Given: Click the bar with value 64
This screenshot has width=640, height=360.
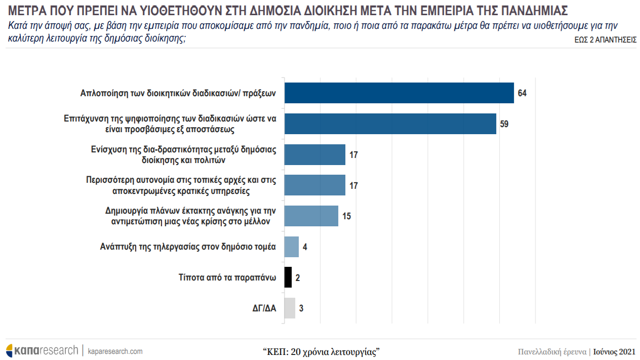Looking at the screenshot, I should click(x=399, y=93).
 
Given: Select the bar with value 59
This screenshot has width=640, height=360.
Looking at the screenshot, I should click(x=390, y=124).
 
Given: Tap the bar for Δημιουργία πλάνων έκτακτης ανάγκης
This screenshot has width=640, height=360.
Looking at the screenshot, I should click(x=311, y=216).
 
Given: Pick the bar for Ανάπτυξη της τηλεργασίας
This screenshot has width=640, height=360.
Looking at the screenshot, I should click(x=292, y=247).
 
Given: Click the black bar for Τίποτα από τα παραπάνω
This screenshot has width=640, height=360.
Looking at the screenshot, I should click(x=288, y=277).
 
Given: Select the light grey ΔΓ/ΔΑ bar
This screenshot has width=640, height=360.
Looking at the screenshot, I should click(x=290, y=308).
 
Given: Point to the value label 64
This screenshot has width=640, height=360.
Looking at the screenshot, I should click(x=523, y=94).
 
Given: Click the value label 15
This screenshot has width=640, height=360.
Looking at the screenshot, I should click(x=346, y=216).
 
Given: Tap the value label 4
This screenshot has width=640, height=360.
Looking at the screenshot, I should click(x=305, y=247).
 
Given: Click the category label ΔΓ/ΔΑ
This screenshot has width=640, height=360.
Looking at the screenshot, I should click(x=264, y=308).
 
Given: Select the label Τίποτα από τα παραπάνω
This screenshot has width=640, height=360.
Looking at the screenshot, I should click(x=227, y=277).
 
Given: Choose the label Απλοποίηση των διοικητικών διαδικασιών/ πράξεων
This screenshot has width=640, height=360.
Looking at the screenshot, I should click(x=178, y=94).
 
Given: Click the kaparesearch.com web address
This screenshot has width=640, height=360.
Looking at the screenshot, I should click(x=115, y=351).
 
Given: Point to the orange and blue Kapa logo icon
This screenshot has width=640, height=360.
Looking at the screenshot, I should click(x=10, y=350).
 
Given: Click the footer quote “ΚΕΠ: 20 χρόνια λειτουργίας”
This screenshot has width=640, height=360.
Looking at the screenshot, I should click(x=322, y=351).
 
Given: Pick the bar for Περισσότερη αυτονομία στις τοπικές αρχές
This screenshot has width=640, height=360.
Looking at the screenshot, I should click(x=314, y=185).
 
